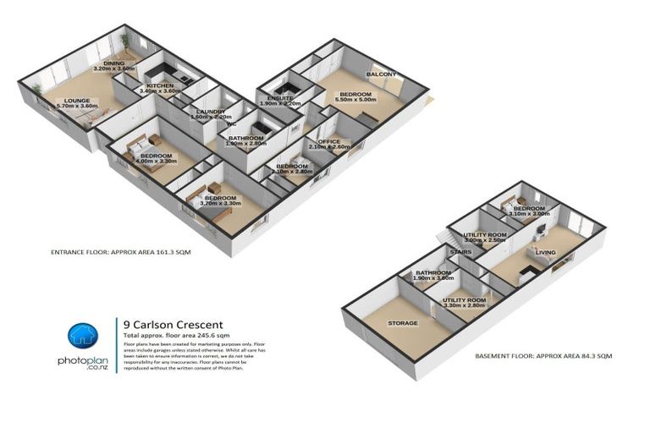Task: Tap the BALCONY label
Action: [382, 74]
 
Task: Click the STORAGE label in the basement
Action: [403, 322]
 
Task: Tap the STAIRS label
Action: [460, 252]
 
